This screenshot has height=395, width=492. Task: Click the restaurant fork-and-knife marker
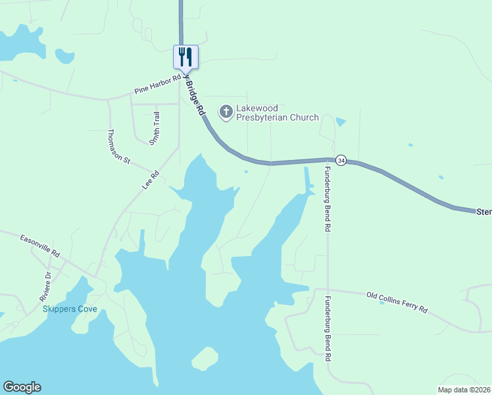(x=185, y=57)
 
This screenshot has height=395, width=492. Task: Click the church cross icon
(x=226, y=112)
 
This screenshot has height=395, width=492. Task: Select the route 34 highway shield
(x=341, y=160)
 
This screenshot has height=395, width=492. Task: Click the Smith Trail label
(x=155, y=128)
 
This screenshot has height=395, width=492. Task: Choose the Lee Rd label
(x=151, y=181)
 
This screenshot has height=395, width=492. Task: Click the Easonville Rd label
(x=39, y=246)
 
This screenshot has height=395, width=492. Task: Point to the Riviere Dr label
(x=45, y=285)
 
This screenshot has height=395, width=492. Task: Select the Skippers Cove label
(x=70, y=309)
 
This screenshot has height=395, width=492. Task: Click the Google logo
(x=22, y=387)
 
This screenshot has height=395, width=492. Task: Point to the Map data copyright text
(x=464, y=389)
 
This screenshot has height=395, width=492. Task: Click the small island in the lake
(x=205, y=359)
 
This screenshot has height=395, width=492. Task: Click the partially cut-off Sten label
(x=483, y=212)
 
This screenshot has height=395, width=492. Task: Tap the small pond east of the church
(x=339, y=122)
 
